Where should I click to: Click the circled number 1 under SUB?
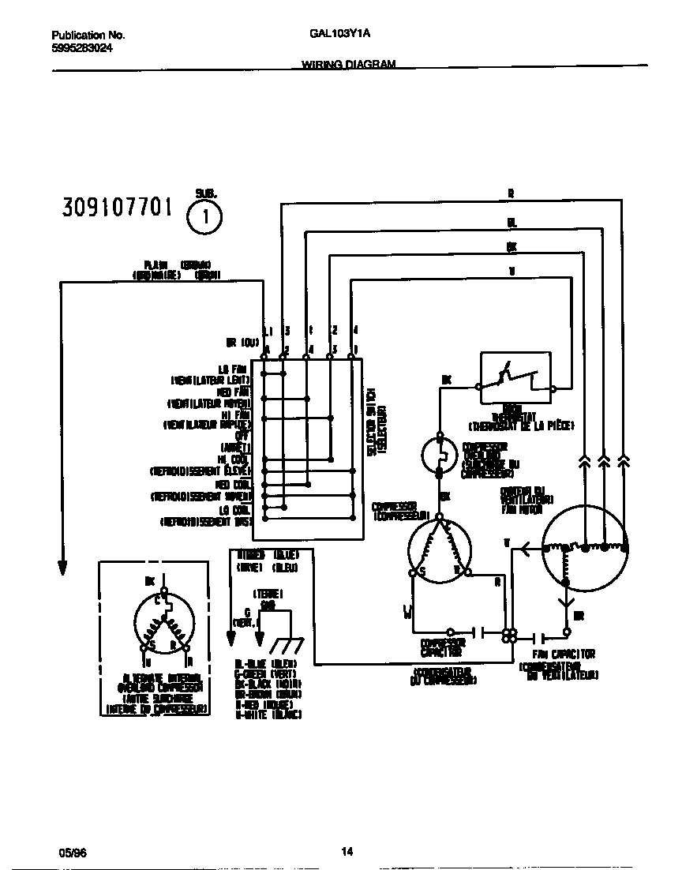pos(204,219)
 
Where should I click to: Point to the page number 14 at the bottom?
pos(347,851)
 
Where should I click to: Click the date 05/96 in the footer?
pos(70,852)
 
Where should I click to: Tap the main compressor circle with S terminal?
pos(440,549)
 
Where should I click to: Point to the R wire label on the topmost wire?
pos(511,193)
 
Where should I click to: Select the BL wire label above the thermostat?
pos(511,223)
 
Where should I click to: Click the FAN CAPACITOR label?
pos(563,654)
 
